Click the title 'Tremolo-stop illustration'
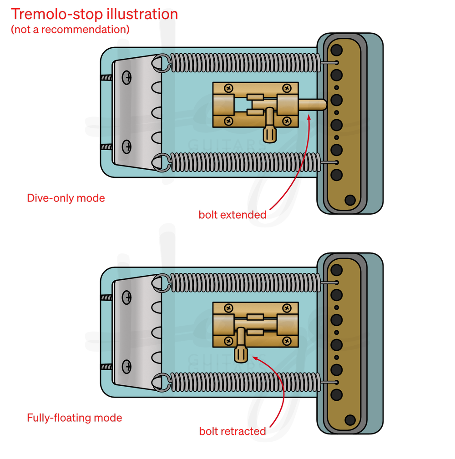94,15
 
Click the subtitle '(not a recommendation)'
70,30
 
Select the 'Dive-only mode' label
66,198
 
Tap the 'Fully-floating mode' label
75,418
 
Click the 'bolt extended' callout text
233,215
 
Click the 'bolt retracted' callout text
233,431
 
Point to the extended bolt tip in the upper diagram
320,105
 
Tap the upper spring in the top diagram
243,62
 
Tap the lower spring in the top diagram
243,162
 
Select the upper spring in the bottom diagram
243,282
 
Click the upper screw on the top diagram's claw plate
127,78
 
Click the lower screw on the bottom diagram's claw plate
127,366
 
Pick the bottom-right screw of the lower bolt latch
287,341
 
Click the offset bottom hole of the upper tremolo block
350,200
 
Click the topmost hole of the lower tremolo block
337,270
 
